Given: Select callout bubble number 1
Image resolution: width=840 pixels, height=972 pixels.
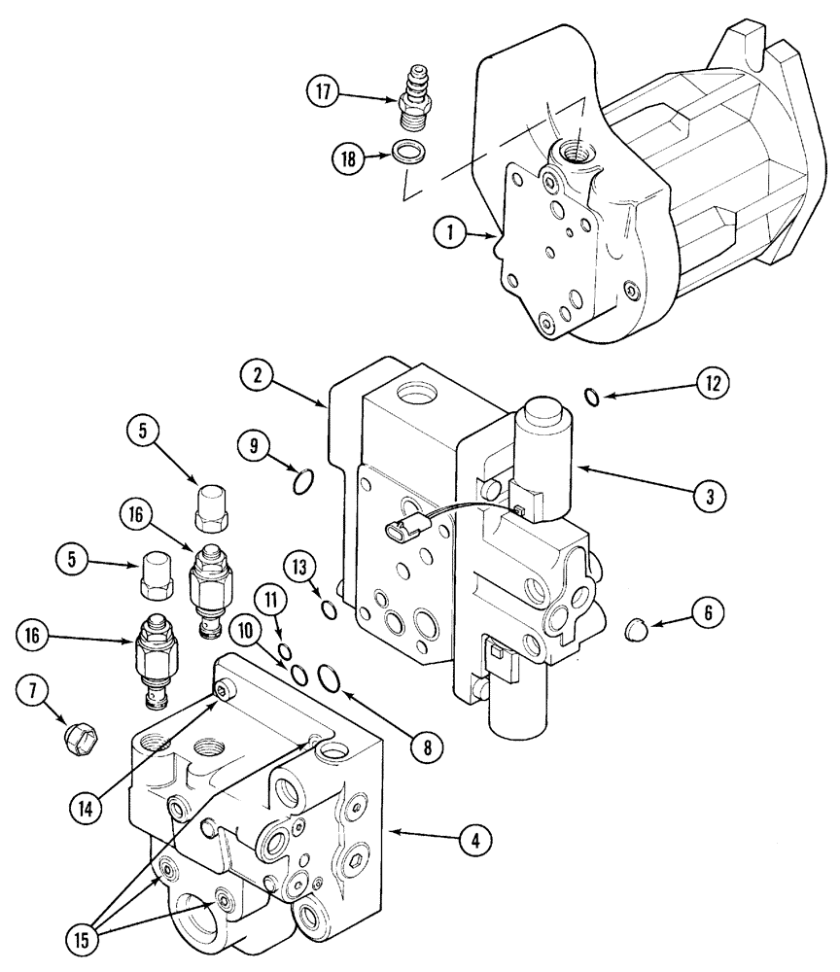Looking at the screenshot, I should point(446,231).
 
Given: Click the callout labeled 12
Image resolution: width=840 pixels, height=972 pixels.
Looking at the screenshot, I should point(714,382).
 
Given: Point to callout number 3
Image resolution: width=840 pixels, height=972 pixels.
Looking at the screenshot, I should point(710,495).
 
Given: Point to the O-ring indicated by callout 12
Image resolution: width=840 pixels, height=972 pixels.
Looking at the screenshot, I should point(592,394).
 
